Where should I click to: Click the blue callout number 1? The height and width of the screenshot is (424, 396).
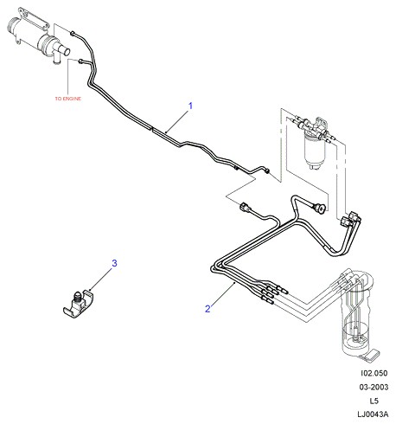point(190,106)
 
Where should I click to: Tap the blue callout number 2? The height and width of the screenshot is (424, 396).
point(208,309)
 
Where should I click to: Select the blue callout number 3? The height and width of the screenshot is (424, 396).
point(114,263)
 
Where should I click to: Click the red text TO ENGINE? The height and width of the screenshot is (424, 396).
point(68,99)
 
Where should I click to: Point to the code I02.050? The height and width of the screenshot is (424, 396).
point(374,373)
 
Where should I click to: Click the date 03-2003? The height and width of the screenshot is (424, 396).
point(374,387)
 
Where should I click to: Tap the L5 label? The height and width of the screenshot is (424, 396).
point(374,401)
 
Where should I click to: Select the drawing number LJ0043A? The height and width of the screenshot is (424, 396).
point(373,414)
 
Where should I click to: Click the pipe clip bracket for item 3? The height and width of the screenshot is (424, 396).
point(79,305)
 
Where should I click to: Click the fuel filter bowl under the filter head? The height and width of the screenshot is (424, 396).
point(315,151)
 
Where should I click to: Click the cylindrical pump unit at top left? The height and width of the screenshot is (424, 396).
point(32,34)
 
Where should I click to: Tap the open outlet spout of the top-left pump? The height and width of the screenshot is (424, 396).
point(67,52)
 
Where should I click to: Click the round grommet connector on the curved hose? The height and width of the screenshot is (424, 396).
point(321,208)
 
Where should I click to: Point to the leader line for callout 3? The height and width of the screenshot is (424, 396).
point(101,279)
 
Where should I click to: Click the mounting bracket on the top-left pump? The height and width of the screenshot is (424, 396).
point(33,19)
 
